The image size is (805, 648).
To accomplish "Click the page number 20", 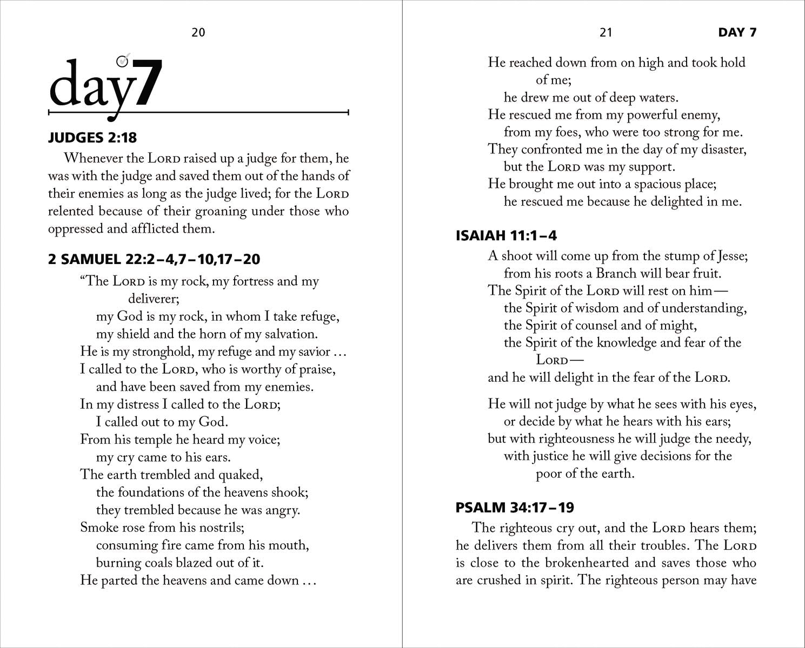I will (x=198, y=32).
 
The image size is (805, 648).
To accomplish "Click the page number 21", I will (x=606, y=32).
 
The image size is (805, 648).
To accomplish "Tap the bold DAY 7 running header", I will (x=737, y=32).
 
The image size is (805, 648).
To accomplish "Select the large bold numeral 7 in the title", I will (x=148, y=83).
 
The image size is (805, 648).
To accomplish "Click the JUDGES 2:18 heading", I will (x=92, y=138).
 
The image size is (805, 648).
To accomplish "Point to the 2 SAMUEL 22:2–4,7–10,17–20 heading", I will (x=154, y=259).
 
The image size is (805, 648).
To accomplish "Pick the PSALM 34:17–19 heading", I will (x=507, y=508).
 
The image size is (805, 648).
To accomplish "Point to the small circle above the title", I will (x=123, y=61).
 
